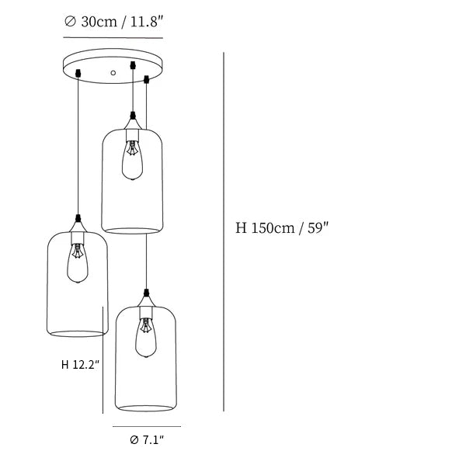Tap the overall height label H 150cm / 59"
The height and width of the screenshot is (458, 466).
282,228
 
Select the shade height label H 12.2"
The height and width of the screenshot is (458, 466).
80,364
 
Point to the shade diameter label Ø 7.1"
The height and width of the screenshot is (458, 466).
147,439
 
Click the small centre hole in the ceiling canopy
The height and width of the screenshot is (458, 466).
113,72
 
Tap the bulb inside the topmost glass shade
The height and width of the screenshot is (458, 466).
132,160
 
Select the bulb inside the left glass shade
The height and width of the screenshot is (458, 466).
77,263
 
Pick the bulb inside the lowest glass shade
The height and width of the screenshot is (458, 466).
146,337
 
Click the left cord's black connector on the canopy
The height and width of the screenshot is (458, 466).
78,73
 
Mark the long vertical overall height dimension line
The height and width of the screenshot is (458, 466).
224,232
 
